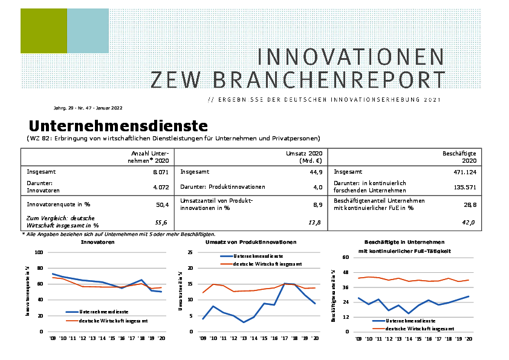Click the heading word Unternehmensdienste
coord(118,126)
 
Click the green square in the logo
coord(44,31)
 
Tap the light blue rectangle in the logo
coord(88,31)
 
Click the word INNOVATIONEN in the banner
coord(351,56)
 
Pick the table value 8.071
coord(160,172)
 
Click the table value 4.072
coord(160,187)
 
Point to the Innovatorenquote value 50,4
coord(161,205)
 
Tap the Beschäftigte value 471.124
coord(465,172)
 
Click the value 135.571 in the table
coord(465,187)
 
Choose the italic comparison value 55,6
coord(161,223)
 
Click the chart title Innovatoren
coord(99,242)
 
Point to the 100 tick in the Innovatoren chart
coord(39,252)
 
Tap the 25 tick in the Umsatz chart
coord(190,252)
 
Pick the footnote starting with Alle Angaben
coord(120,234)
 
